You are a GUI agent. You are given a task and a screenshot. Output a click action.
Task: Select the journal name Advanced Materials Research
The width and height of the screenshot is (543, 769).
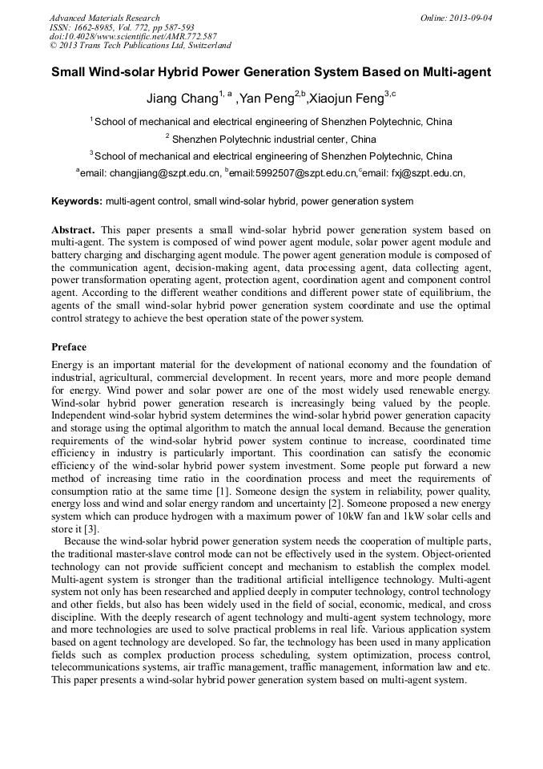(x=104, y=18)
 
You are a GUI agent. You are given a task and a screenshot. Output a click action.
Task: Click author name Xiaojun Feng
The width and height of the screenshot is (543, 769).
(x=345, y=100)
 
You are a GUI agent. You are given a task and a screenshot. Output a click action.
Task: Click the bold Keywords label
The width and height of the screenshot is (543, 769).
(x=76, y=201)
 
